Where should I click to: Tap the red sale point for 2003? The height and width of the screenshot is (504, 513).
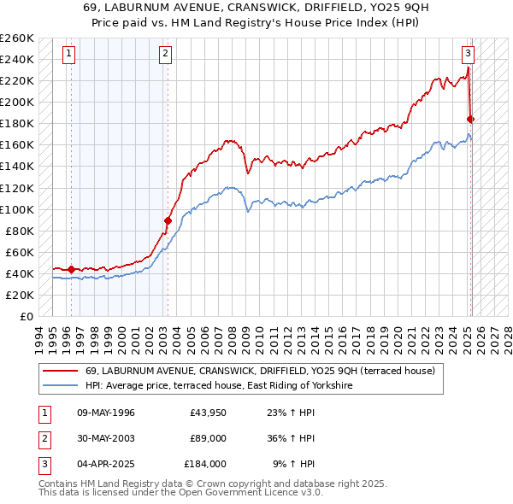[x=168, y=220]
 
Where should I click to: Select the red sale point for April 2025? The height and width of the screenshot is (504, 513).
[x=471, y=119]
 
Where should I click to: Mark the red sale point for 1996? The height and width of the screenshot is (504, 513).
[x=71, y=269]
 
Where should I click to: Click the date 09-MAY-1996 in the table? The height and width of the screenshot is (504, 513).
[x=106, y=413]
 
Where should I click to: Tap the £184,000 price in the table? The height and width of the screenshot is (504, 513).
[x=205, y=464]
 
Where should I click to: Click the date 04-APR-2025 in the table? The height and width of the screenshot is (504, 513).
[x=106, y=464]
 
